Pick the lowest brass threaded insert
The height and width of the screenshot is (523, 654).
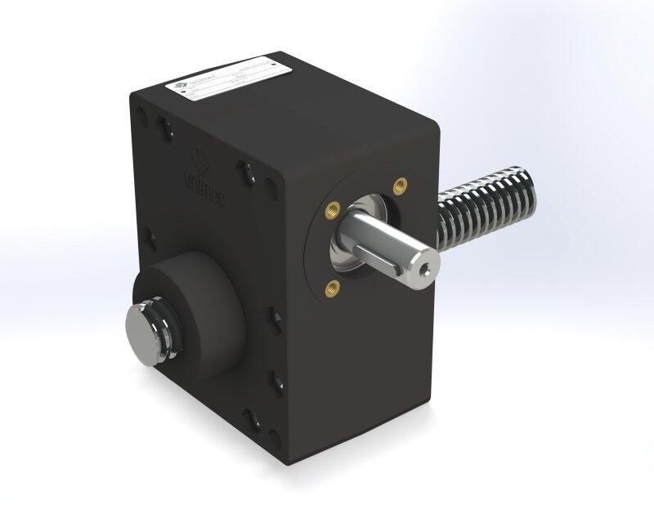(333, 285)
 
